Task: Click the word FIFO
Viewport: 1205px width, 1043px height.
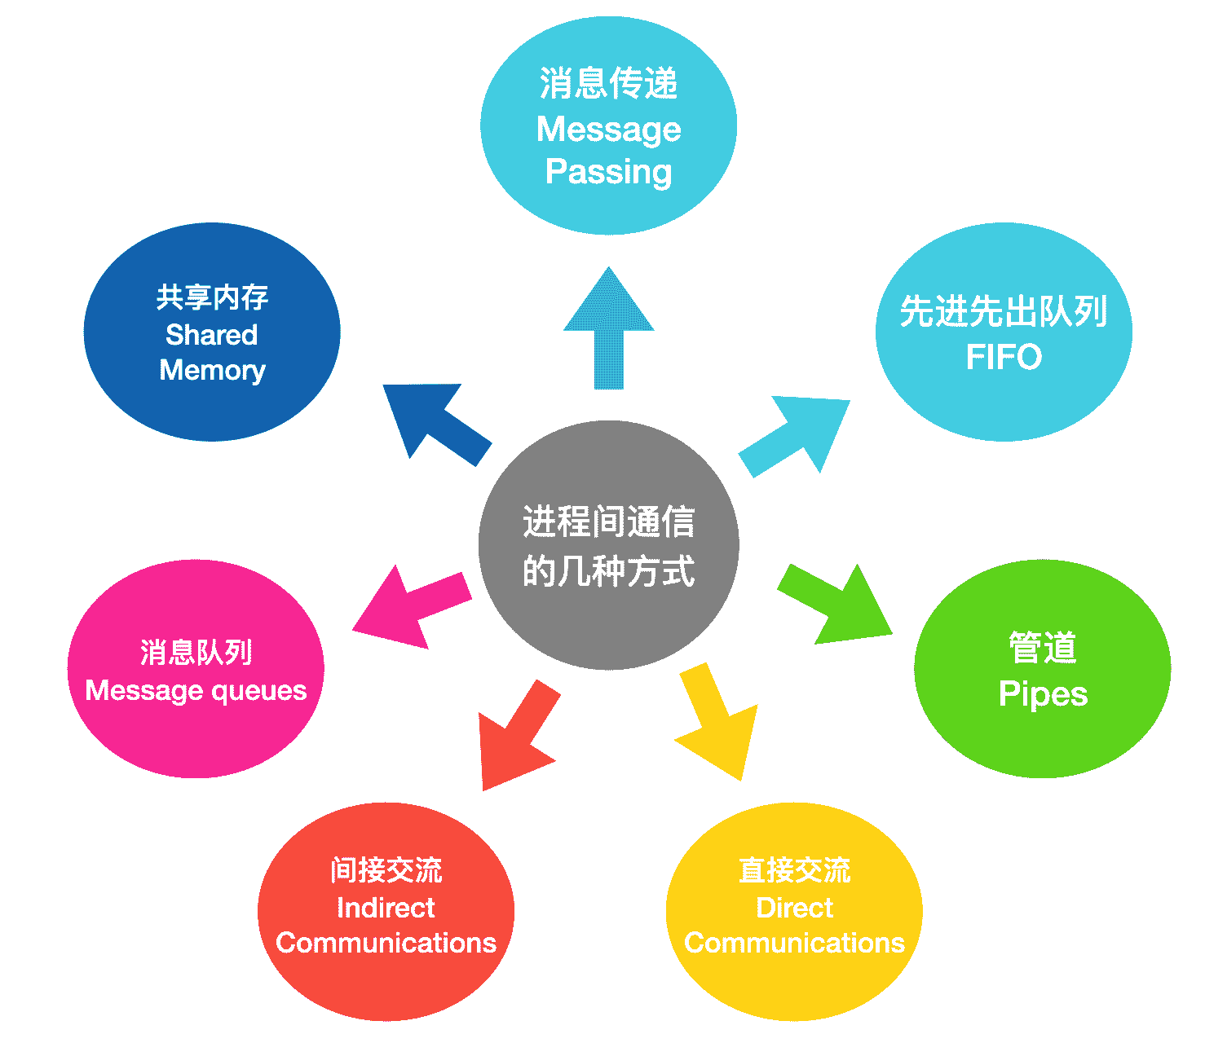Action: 1004,357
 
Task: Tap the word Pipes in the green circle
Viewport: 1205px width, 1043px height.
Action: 1043,694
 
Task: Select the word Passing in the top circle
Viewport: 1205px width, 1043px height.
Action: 608,173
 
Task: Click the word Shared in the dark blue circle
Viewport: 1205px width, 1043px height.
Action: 211,335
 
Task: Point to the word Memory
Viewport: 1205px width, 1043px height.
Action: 212,371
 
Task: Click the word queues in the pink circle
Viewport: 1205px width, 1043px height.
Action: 258,691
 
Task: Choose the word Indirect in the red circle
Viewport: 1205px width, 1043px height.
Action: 386,908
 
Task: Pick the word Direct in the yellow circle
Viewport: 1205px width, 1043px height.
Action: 794,908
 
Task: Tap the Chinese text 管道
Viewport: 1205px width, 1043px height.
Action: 1043,649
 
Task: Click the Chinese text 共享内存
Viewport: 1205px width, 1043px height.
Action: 212,297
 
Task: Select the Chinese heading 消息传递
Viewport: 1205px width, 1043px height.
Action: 608,84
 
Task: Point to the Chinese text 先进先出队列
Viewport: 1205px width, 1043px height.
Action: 1004,311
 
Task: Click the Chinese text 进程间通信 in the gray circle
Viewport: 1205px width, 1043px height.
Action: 608,521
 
